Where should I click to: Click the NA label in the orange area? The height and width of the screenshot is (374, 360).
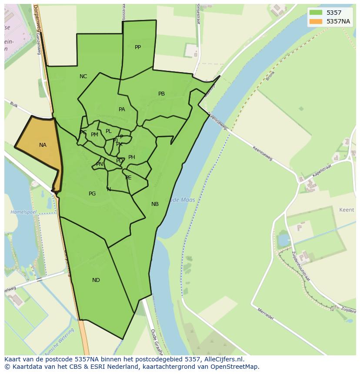coord(43,145)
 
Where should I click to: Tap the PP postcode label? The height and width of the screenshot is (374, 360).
coord(138,47)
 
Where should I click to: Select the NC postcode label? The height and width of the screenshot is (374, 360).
coord(83,76)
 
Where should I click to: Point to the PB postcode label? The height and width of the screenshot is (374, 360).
coord(161,94)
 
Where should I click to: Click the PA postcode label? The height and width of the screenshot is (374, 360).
coord(122,109)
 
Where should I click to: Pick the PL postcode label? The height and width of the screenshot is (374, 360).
coord(109,131)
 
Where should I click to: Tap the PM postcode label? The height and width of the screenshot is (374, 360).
coord(94,135)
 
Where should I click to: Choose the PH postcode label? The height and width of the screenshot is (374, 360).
coord(132,157)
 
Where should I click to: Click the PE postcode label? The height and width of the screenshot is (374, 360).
coord(128,178)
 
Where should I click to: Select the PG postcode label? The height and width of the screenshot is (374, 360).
coord(92,194)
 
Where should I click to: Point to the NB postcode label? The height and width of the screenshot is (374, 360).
coord(155,204)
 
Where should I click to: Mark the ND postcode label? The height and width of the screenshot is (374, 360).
coord(96,280)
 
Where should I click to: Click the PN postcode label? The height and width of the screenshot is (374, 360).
coord(100,164)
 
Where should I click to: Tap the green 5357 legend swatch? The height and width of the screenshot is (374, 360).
coord(316,13)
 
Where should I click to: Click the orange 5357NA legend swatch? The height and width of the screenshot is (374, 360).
coord(316,21)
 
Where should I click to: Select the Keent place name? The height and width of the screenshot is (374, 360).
coord(347,210)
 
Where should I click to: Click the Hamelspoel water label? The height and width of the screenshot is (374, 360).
coord(23,212)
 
